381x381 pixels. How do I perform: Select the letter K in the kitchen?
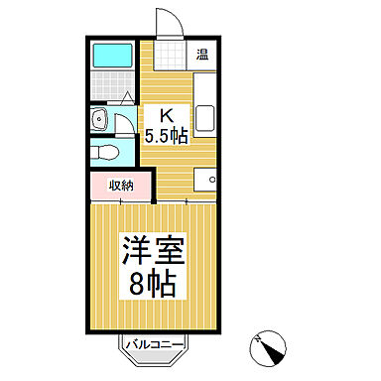(155, 114)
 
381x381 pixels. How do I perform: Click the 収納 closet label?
(120, 185)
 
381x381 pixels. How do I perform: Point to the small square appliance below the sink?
(206, 180)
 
